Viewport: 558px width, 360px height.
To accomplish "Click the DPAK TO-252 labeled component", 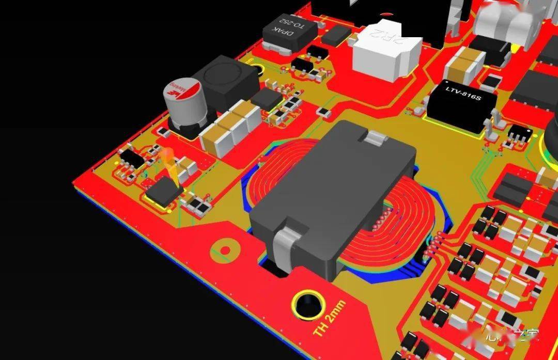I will [290, 31].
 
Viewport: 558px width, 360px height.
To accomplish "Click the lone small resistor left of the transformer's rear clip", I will [323, 111].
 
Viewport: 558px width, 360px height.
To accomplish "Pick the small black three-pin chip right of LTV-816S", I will [519, 135].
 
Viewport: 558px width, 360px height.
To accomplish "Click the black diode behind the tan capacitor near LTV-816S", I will [493, 52].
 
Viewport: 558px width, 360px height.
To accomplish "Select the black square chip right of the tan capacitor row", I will [267, 99].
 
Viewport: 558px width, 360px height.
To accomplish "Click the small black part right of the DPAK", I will [337, 34].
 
